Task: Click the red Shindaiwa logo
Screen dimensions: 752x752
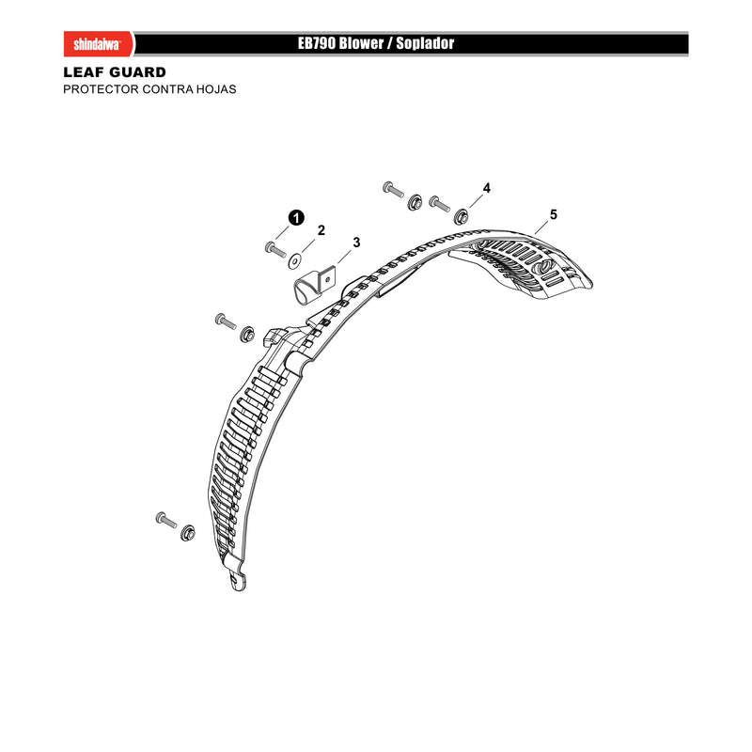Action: click(100, 44)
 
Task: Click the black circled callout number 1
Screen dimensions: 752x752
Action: click(296, 218)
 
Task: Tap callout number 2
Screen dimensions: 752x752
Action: click(321, 230)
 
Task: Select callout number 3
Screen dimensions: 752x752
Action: click(356, 243)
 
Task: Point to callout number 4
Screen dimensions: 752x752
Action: click(487, 188)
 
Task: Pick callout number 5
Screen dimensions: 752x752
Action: click(554, 214)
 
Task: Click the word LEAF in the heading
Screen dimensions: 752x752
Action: click(84, 72)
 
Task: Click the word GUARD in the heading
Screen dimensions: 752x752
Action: click(138, 72)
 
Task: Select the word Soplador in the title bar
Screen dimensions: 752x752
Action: click(425, 43)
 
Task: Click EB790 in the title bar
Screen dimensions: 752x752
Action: click(317, 43)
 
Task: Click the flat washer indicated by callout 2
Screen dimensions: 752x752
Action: click(294, 261)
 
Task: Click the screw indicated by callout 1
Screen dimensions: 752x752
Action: click(275, 250)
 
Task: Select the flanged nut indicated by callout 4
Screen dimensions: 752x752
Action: click(462, 216)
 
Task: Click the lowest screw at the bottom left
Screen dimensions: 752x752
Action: click(166, 520)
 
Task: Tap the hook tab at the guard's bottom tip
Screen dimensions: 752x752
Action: click(238, 579)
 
